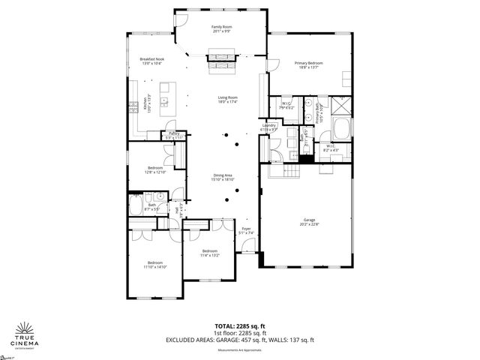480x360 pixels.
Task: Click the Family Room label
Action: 221,28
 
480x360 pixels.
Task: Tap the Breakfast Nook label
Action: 151,61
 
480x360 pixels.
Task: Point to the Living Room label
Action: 228,100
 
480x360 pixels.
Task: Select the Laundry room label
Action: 268,127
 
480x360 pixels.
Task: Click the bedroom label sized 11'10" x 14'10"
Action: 154,265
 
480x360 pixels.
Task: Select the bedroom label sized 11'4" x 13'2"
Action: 209,253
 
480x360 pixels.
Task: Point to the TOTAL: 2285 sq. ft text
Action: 239,325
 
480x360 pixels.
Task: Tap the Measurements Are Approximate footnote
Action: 239,350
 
